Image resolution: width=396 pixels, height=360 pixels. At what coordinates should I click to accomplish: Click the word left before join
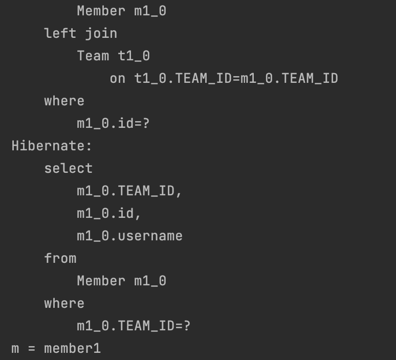[x=60, y=33]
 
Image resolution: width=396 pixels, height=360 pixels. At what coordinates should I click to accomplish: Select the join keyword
[x=101, y=33]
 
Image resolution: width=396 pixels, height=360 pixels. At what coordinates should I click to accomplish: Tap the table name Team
[x=93, y=56]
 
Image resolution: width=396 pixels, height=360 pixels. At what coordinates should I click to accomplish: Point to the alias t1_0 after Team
[x=134, y=56]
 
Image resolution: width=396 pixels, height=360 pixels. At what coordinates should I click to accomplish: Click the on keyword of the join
[x=118, y=78]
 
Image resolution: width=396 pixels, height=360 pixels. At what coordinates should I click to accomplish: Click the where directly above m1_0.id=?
[x=64, y=101]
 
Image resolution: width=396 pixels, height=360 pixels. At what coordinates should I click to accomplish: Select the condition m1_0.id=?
[x=114, y=123]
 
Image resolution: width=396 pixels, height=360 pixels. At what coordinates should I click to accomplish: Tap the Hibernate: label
[x=52, y=146]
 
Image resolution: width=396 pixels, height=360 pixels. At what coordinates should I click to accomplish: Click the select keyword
[x=69, y=168]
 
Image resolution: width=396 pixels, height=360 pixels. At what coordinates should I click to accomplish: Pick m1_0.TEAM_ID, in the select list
[x=130, y=191]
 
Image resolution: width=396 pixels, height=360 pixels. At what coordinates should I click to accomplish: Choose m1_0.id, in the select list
[x=109, y=213]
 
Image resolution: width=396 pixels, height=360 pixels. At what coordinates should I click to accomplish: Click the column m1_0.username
[x=130, y=236]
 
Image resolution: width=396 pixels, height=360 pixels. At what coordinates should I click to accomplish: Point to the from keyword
[x=60, y=258]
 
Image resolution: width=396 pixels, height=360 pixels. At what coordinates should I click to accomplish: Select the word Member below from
[x=101, y=281]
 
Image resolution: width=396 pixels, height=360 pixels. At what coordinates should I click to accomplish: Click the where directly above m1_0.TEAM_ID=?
[x=64, y=303]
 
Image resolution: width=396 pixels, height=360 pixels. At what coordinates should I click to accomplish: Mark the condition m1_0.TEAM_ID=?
[x=134, y=326]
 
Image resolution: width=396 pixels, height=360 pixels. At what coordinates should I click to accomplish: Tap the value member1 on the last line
[x=73, y=349]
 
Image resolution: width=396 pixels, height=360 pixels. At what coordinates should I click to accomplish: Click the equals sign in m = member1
[x=32, y=349]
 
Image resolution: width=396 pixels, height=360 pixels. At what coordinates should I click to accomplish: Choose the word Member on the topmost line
[x=101, y=11]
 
